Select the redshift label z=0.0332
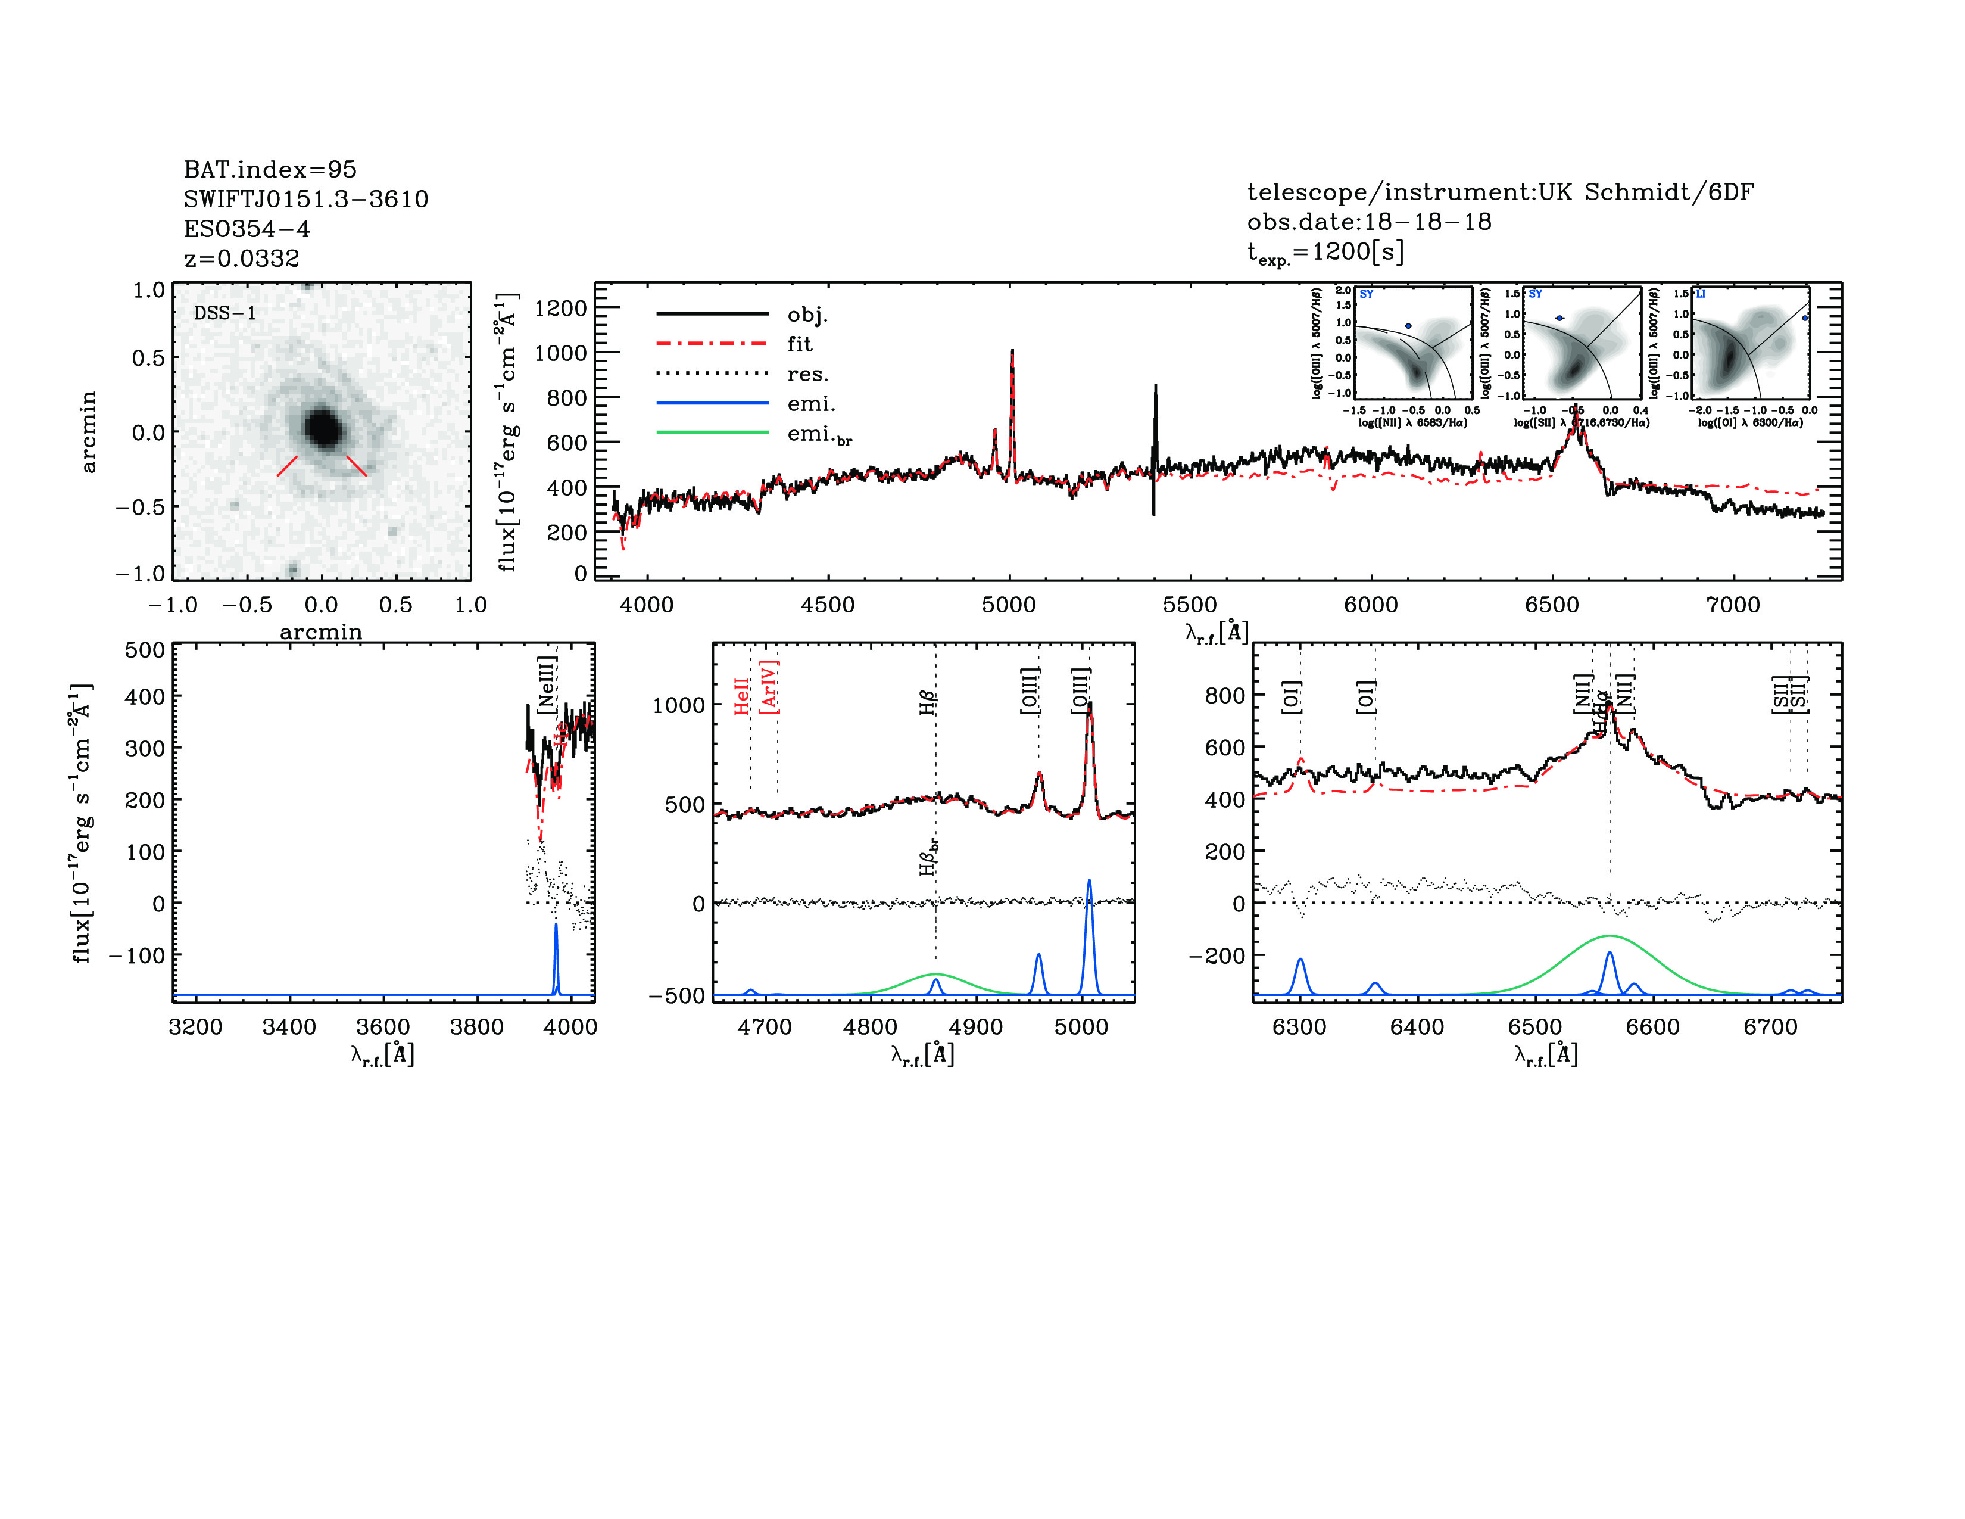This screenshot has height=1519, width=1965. pyautogui.click(x=241, y=259)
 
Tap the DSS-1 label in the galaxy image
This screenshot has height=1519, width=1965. pyautogui.click(x=225, y=313)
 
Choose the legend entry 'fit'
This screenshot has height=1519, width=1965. pyautogui.click(x=799, y=344)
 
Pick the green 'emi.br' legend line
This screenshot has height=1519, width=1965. pyautogui.click(x=713, y=433)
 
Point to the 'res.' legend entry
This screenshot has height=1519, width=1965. pyautogui.click(x=807, y=374)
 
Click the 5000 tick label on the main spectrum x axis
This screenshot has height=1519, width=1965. pyautogui.click(x=1009, y=605)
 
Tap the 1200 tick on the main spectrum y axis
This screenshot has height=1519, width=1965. pyautogui.click(x=560, y=309)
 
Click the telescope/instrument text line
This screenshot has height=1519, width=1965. pyautogui.click(x=1500, y=192)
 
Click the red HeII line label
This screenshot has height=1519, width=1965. pyautogui.click(x=741, y=696)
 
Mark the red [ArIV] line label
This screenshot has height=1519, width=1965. pyautogui.click(x=769, y=687)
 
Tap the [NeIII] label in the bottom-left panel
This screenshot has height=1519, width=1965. pyautogui.click(x=546, y=686)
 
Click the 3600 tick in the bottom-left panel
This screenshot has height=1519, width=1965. pyautogui.click(x=383, y=1027)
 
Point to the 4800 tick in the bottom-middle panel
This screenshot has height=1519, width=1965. pyautogui.click(x=870, y=1027)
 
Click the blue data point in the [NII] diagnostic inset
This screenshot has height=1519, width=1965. pyautogui.click(x=1408, y=326)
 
